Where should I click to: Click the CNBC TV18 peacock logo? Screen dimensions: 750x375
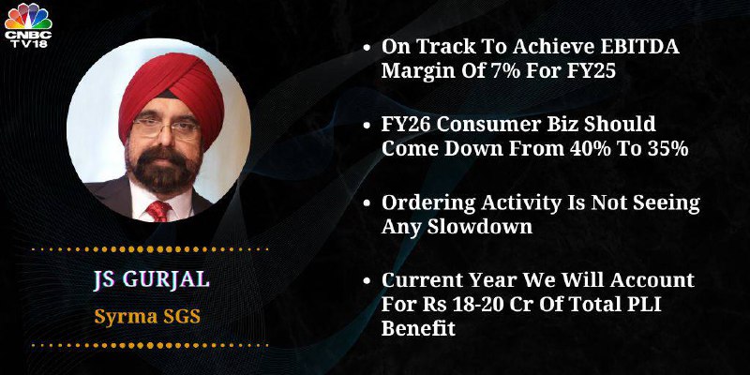coord(28,24)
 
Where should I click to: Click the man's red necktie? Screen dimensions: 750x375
coord(158,210)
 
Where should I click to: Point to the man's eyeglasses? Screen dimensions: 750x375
coord(166,128)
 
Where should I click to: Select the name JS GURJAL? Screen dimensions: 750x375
coord(152,279)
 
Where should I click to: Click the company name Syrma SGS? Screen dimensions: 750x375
coord(147,317)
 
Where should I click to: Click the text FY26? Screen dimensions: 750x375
coord(409,125)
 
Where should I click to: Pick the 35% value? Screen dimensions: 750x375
coord(668,149)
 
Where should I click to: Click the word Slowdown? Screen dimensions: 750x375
coord(479,226)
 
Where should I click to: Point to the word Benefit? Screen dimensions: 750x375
coord(418,329)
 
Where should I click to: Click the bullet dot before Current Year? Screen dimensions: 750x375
coord(367,281)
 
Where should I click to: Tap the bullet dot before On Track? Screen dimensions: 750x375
coord(367,49)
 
